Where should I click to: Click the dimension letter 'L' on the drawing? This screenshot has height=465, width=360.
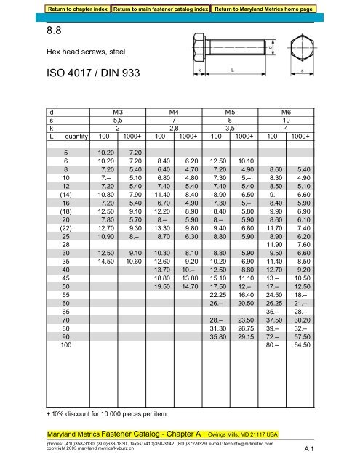point(231,70)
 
